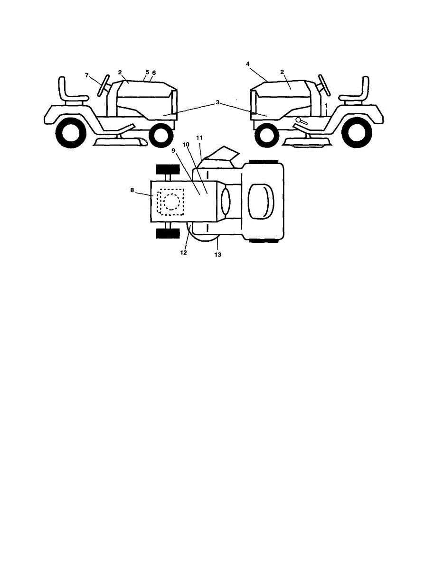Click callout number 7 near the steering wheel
87,75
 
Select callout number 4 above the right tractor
248,64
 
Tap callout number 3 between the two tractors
217,102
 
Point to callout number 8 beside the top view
132,190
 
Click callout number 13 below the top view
218,255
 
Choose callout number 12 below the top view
183,253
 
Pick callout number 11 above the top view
199,138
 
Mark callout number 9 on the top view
173,151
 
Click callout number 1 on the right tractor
326,105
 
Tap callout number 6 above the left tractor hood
154,73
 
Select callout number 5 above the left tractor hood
148,72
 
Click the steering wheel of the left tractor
104,85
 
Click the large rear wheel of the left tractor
71,133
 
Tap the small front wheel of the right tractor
266,135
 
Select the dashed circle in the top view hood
172,202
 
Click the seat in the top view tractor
261,201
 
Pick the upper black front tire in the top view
168,169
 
